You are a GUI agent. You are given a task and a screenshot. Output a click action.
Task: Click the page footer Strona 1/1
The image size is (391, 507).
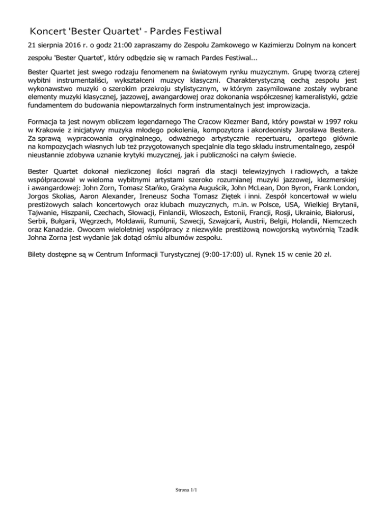pos(185,490)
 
